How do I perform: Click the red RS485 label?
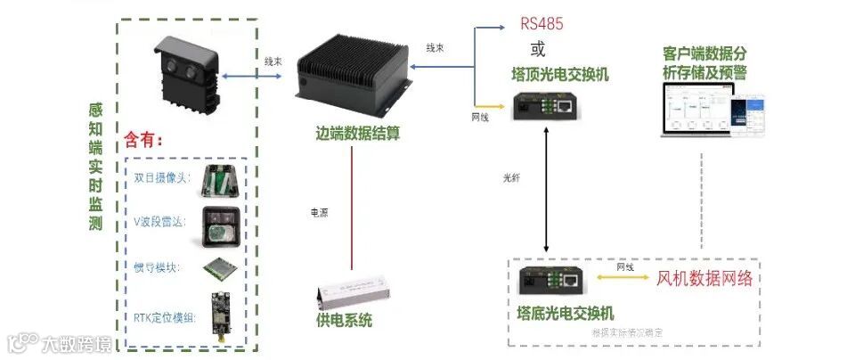(541, 23)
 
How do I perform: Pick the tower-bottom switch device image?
(551, 281)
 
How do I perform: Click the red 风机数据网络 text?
(704, 278)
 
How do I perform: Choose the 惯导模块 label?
(158, 266)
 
